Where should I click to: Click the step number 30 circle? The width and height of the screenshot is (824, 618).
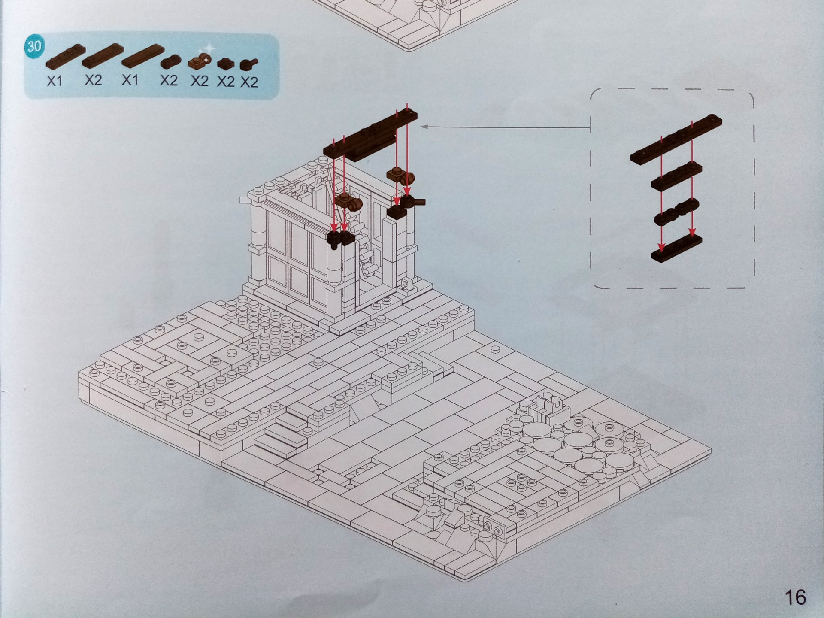pos(34,46)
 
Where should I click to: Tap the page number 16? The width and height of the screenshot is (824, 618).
pos(795,597)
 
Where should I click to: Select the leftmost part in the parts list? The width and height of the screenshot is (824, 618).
pos(65,57)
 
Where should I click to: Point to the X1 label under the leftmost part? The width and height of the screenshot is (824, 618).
pos(55,81)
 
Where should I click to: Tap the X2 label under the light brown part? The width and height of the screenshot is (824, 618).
pos(200,81)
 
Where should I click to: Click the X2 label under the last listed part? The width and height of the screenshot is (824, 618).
pos(249,82)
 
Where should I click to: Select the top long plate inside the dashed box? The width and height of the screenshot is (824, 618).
pos(676,139)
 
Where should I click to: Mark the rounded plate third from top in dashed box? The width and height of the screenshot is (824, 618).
pos(677,212)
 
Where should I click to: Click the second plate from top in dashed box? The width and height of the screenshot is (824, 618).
pos(676,176)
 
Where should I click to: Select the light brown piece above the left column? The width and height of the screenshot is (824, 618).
pos(348,201)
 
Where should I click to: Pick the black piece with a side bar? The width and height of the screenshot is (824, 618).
pos(412,201)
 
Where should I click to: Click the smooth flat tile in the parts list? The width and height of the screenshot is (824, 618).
pos(143,56)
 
